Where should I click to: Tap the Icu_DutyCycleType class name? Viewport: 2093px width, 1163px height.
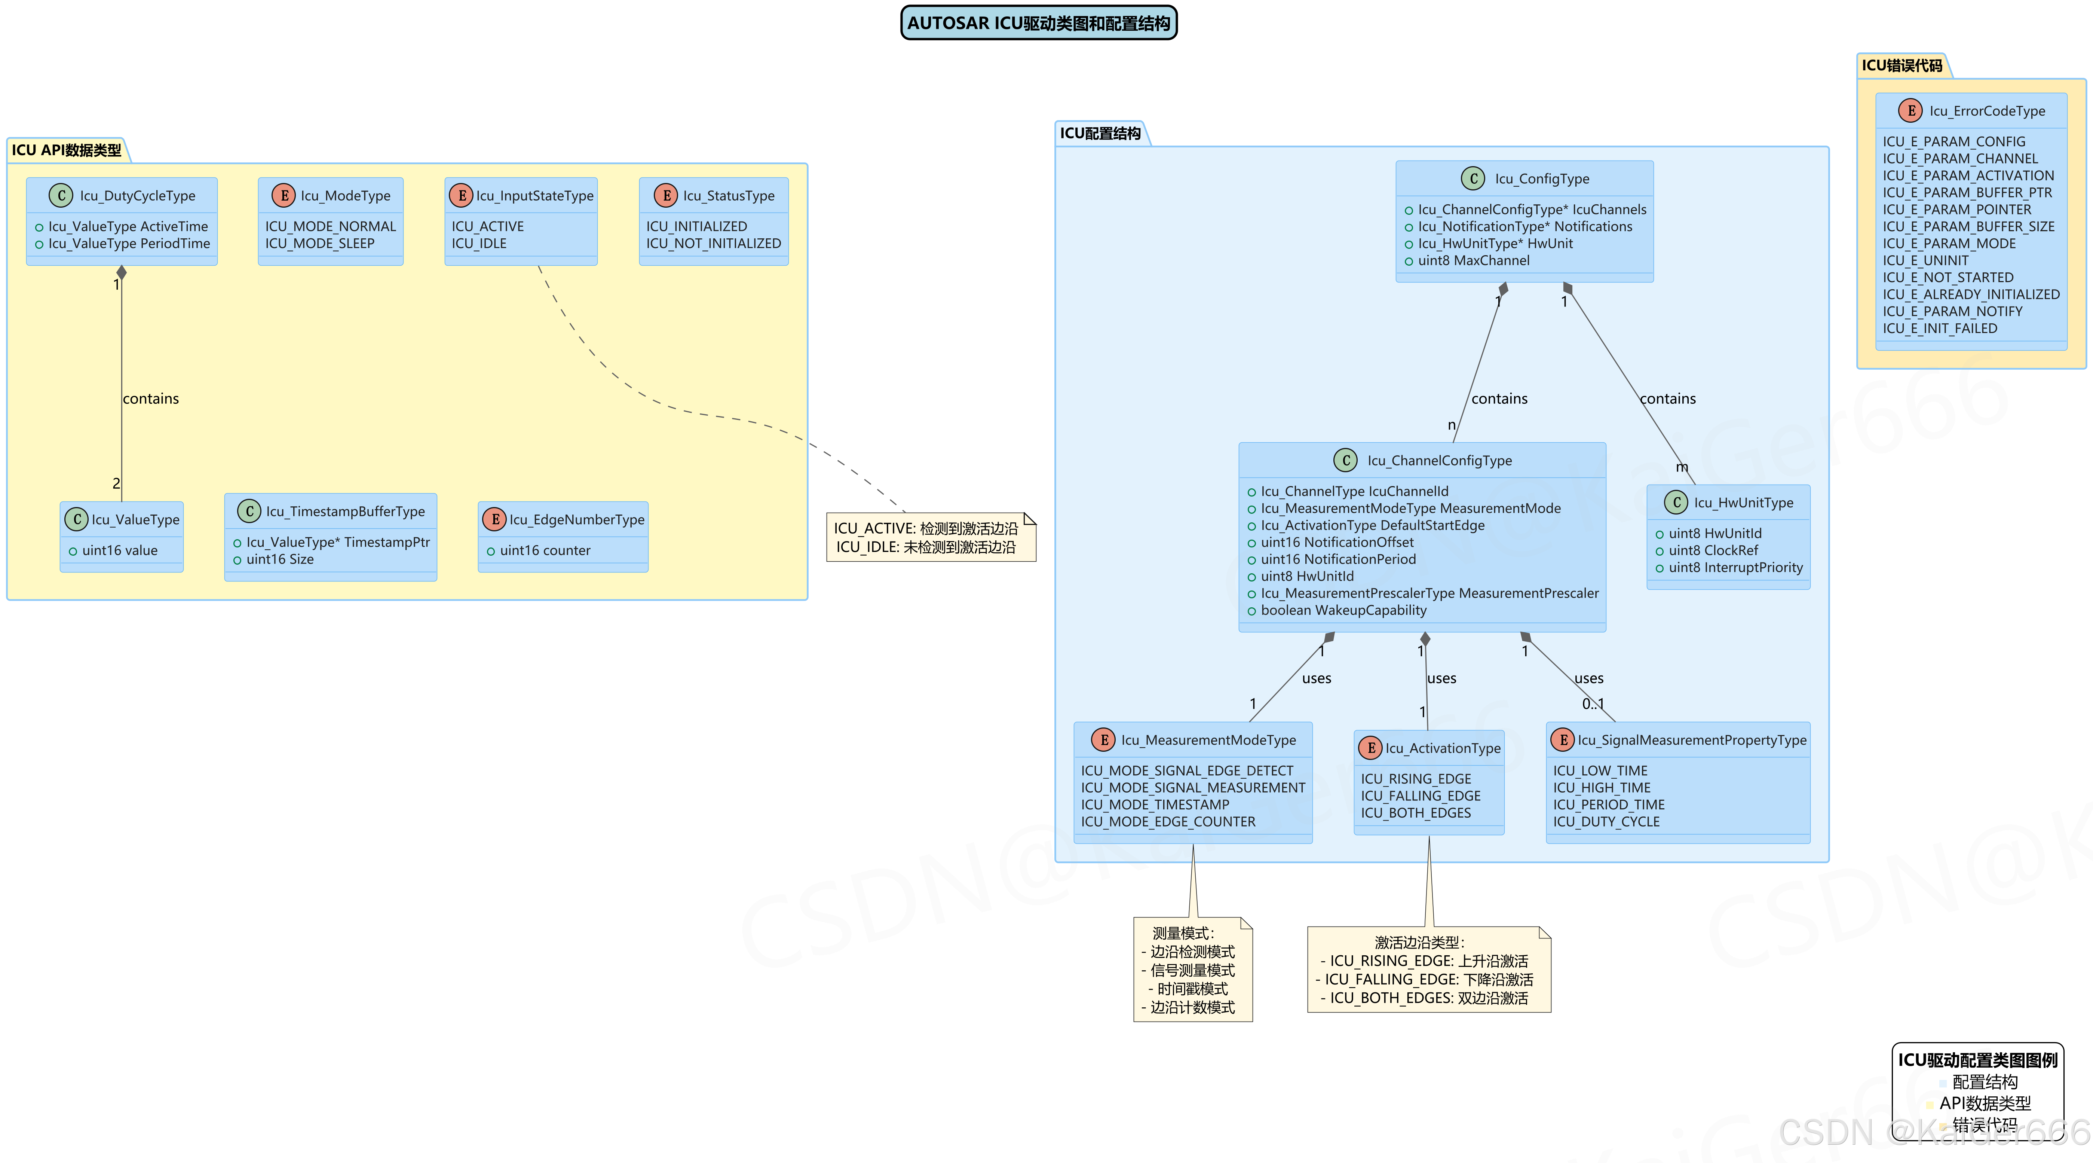[x=137, y=196]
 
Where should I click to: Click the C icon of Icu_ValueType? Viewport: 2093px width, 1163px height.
[x=76, y=519]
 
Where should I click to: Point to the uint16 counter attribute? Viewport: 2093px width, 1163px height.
[x=544, y=550]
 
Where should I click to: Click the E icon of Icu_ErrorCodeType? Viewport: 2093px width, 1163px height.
[x=1910, y=110]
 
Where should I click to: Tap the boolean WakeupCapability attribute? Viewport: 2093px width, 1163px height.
[x=1343, y=610]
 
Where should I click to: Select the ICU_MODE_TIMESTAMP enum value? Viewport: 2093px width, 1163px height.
[x=1155, y=805]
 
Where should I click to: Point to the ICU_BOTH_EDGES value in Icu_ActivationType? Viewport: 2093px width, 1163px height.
[x=1415, y=813]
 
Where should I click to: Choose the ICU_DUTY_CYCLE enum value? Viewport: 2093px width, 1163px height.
[x=1606, y=822]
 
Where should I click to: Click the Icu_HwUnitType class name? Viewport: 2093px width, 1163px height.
[x=1743, y=503]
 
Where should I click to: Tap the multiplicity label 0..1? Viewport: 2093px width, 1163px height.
[x=1593, y=704]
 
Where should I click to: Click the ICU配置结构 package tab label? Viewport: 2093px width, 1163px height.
[x=1100, y=133]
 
